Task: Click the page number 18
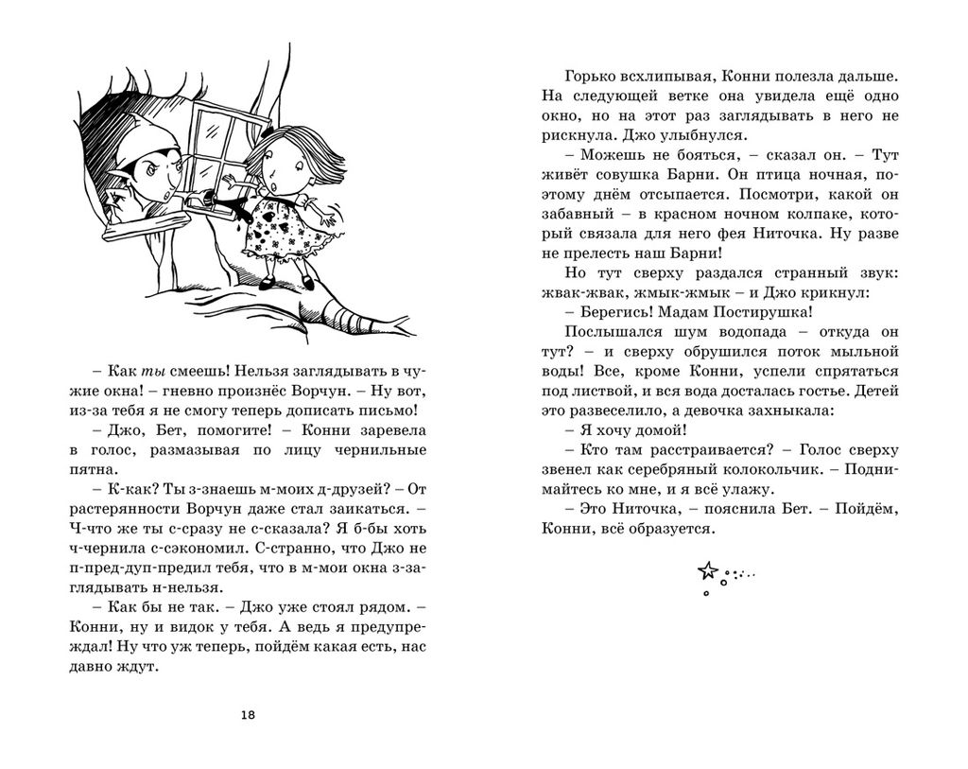[248, 714]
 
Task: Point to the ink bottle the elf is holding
[202, 201]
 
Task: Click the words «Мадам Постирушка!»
[735, 313]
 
